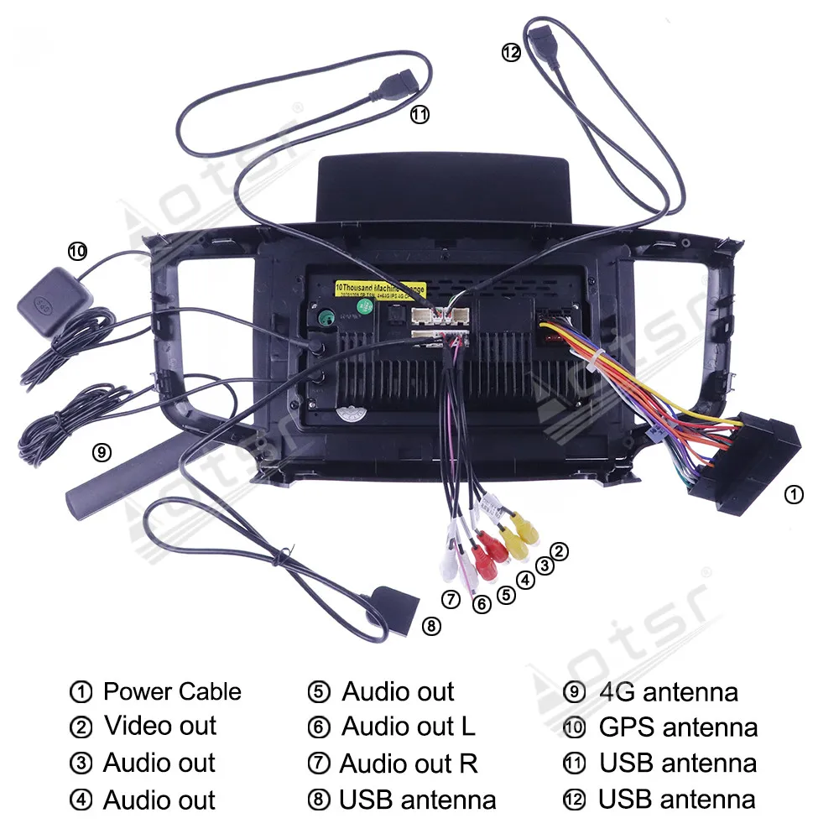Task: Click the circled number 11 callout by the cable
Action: point(419,115)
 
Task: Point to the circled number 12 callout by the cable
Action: point(511,52)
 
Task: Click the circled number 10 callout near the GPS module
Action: point(77,251)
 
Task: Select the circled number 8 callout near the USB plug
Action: point(430,625)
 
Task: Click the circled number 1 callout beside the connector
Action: point(794,495)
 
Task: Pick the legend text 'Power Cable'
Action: point(172,692)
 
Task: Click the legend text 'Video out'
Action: point(159,726)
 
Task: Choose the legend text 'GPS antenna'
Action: point(678,727)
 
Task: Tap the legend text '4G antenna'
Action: point(669,692)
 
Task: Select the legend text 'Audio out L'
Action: point(408,727)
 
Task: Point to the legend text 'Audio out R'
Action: point(409,763)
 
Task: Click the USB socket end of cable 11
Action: point(395,86)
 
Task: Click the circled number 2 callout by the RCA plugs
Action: point(560,551)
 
